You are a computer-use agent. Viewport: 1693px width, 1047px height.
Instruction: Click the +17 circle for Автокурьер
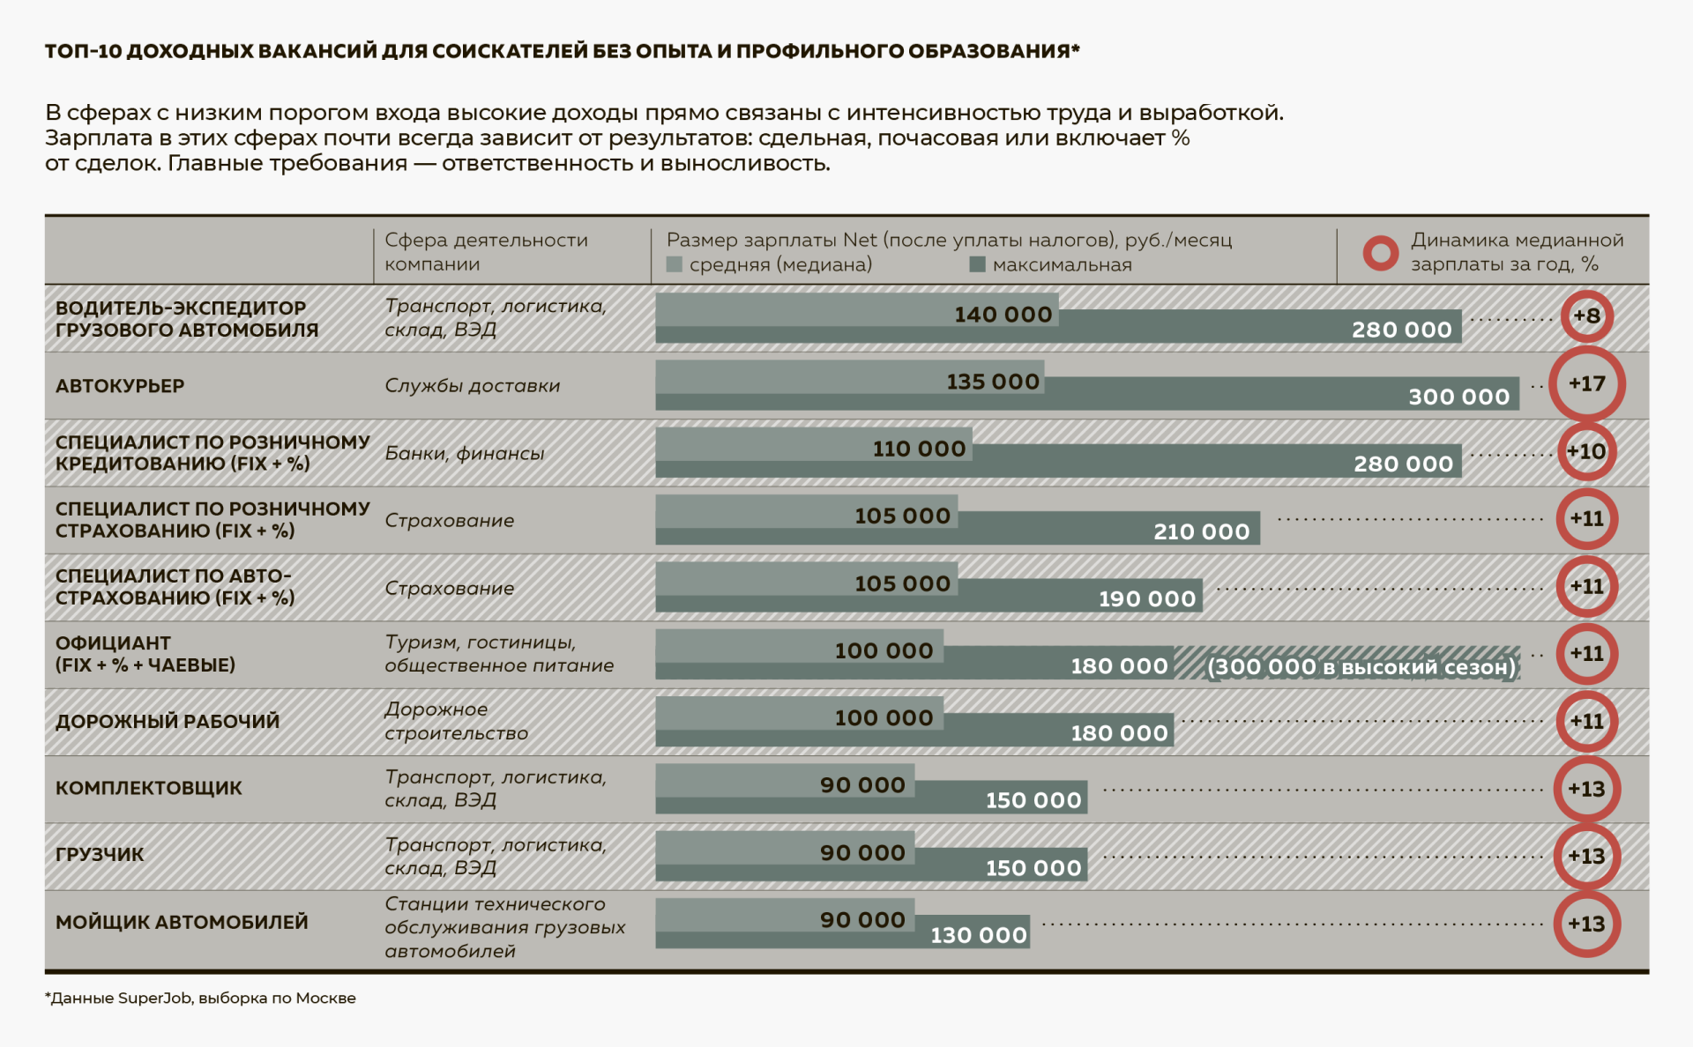coord(1586,383)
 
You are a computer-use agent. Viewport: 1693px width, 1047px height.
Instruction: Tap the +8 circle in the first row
coord(1586,316)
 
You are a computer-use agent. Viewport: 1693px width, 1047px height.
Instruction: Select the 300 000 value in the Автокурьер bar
coord(1458,397)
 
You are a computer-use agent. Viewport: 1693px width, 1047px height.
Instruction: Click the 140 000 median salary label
coord(1003,315)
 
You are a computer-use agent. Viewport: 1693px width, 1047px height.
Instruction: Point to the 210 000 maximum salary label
coord(1201,531)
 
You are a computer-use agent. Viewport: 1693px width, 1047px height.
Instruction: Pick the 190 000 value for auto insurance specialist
coord(1146,599)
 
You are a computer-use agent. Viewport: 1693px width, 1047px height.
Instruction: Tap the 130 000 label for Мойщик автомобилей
coord(979,935)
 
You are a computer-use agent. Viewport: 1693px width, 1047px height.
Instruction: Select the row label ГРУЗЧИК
coord(100,855)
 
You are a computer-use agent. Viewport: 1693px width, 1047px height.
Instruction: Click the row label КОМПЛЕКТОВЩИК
coord(148,788)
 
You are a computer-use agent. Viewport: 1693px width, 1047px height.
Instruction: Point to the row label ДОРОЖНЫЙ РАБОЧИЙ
coord(168,721)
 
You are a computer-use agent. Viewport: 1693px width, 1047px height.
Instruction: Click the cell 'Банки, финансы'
coord(464,453)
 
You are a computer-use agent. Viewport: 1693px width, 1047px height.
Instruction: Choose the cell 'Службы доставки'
coord(472,385)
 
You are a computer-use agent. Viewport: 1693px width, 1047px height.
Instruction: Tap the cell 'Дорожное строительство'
coord(456,721)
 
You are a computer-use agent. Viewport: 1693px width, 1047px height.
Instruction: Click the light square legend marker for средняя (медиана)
coord(675,264)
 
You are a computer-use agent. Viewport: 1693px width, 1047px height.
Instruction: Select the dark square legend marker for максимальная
coord(977,264)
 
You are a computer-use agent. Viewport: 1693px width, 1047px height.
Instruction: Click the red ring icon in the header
coord(1380,253)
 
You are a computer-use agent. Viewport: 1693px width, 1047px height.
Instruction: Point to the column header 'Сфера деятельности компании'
coord(486,251)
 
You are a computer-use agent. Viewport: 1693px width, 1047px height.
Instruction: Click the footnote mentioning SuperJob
coord(200,998)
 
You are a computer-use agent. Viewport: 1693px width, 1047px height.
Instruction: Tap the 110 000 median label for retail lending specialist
coord(919,449)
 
